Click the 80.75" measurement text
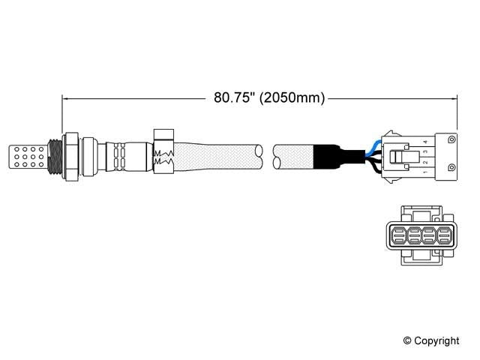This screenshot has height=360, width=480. tap(234, 97)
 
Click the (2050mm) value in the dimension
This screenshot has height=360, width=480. tap(290, 97)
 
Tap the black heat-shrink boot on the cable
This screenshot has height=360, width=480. tap(328, 158)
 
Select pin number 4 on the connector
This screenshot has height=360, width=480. tap(425, 140)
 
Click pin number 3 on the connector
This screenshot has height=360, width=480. tap(425, 151)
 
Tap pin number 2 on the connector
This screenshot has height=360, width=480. tap(425, 163)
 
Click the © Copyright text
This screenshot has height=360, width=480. tap(430, 340)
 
